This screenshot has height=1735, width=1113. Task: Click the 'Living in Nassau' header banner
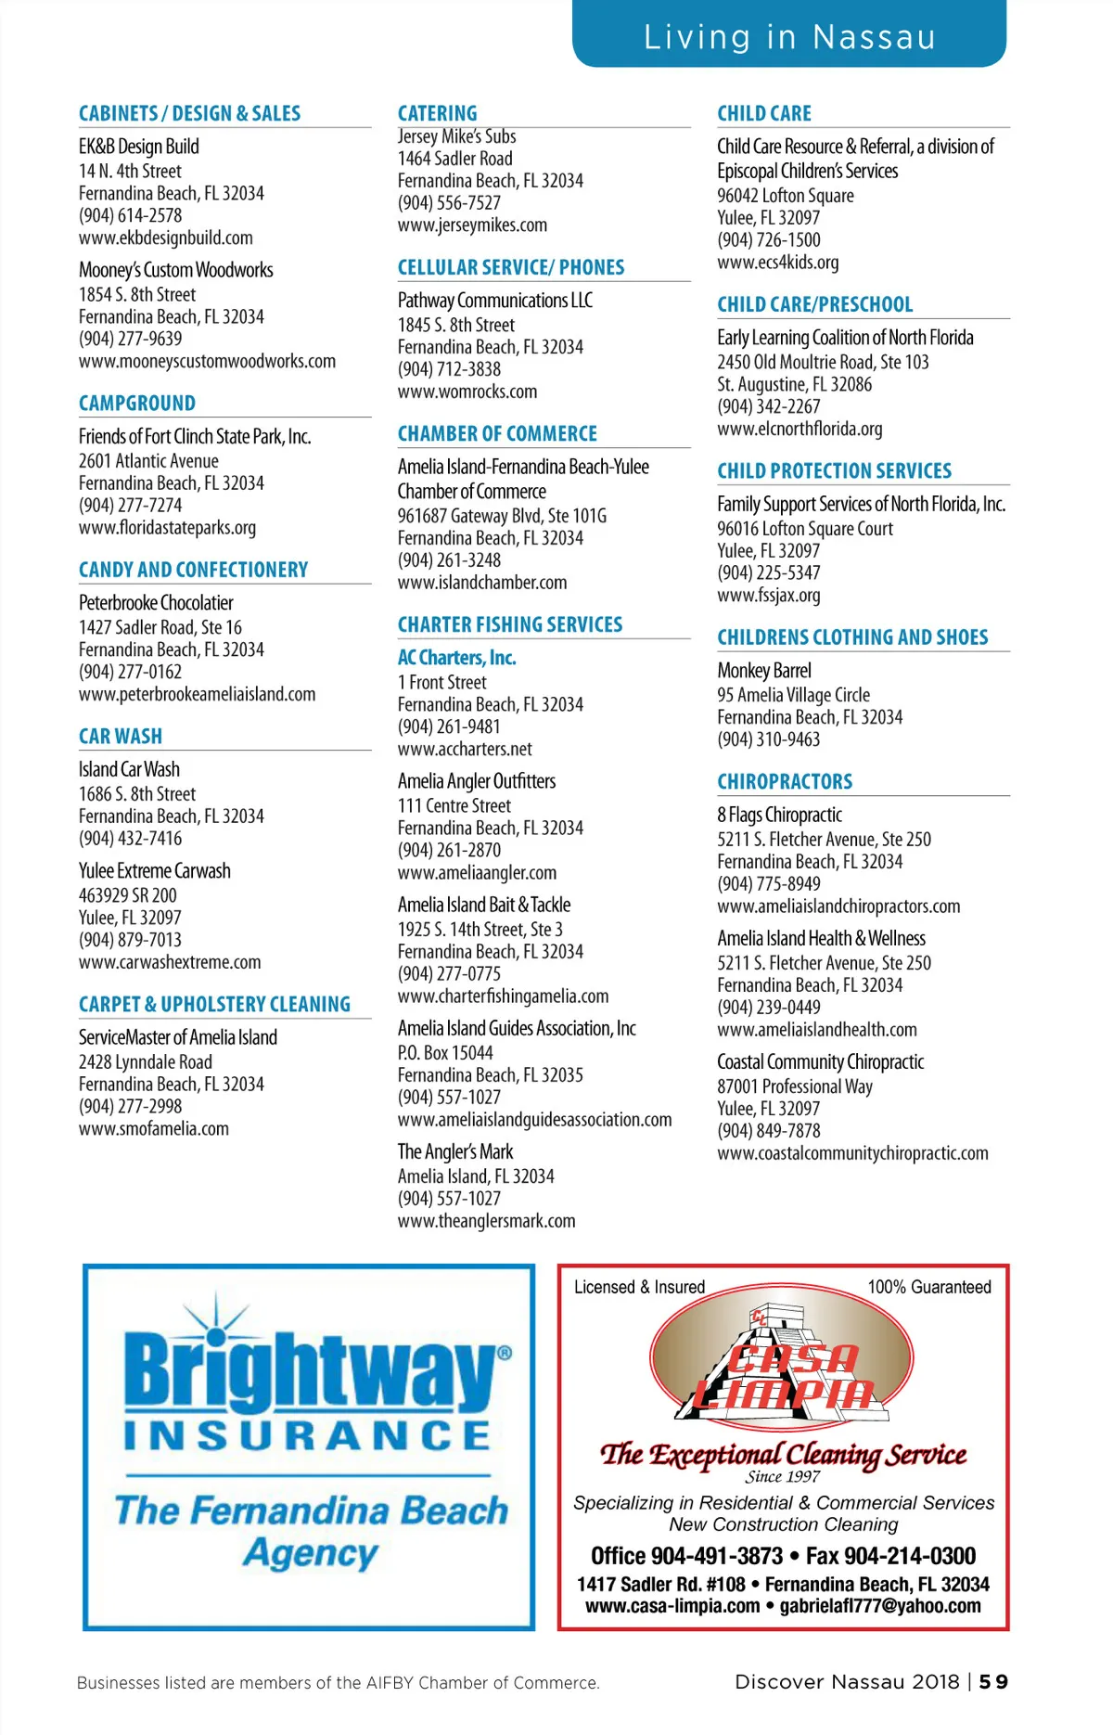pos(789,36)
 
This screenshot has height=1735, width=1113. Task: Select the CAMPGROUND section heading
pos(137,403)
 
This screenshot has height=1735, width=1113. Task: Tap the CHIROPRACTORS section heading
pos(785,781)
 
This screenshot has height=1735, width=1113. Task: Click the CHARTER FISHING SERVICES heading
pos(510,624)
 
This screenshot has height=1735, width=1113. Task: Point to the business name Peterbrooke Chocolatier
pos(156,603)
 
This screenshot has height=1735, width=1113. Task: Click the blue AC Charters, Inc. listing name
pos(456,658)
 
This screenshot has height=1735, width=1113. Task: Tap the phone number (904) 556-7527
pos(449,202)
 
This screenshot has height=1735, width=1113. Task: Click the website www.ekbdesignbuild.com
pos(166,238)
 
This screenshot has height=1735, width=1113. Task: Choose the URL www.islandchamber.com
pos(482,583)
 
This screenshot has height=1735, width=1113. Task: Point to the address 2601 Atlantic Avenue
pos(148,461)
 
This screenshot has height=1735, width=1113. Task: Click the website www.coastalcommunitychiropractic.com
pos(852,1153)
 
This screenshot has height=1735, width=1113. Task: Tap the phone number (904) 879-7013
pos(130,940)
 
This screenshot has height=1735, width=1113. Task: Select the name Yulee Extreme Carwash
pos(155,871)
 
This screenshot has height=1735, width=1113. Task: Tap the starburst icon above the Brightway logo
pos(216,1317)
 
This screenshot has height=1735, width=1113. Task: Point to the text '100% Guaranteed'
pos(929,1287)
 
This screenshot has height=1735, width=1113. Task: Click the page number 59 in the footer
pos(993,1682)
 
